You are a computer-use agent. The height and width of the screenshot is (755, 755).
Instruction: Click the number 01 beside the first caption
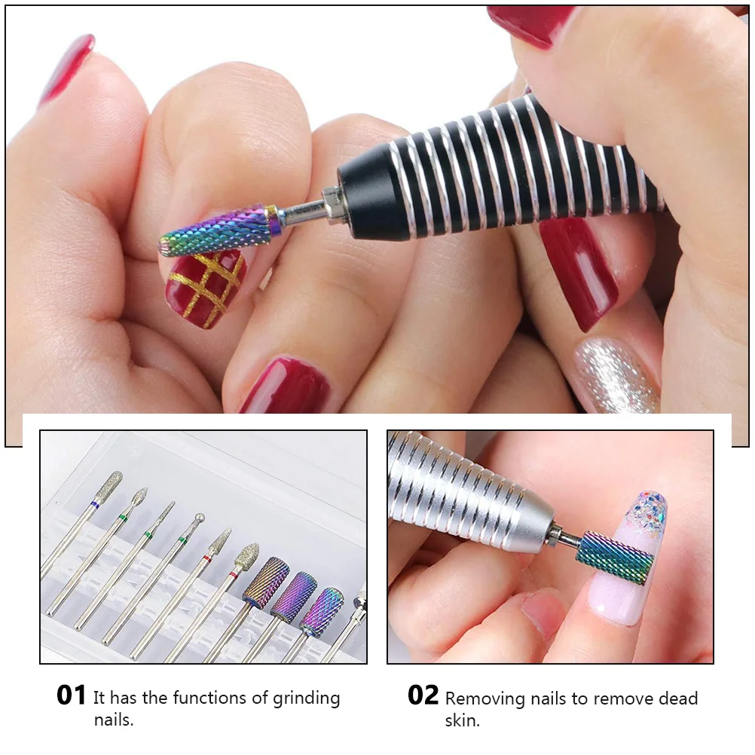click(x=72, y=695)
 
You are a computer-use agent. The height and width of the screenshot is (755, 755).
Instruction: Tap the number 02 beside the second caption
click(x=423, y=695)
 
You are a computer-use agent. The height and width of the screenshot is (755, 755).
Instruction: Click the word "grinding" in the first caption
click(x=307, y=698)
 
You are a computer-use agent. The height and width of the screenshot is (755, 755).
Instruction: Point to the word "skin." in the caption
click(x=461, y=721)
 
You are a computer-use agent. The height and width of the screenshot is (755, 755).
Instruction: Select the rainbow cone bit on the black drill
click(x=219, y=231)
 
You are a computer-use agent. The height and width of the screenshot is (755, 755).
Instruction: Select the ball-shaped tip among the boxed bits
click(x=199, y=518)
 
